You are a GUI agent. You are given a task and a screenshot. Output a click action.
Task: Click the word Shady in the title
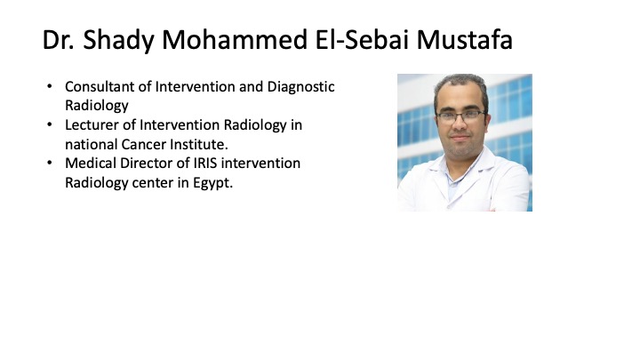[119, 41]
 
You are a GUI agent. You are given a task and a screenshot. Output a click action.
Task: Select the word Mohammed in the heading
[235, 40]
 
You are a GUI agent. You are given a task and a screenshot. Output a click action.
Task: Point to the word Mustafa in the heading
[465, 40]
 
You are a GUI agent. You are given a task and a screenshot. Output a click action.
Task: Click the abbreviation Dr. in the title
[59, 40]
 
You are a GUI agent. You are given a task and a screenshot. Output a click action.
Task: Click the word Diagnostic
[300, 87]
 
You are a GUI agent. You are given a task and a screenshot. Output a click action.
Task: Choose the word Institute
[199, 144]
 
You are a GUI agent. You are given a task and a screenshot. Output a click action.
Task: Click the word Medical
[90, 164]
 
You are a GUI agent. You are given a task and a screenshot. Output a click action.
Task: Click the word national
[91, 144]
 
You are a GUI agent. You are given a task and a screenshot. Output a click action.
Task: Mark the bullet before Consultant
[50, 86]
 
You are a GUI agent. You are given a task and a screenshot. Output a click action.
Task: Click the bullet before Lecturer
[50, 124]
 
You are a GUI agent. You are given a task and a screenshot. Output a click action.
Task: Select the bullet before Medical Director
[50, 163]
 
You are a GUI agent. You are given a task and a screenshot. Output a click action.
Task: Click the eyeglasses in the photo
[460, 116]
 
